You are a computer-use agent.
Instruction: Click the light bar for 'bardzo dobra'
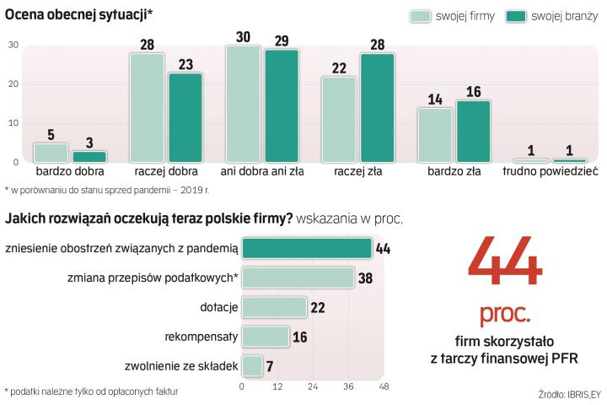(x=50, y=153)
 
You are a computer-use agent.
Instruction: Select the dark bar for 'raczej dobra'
(x=185, y=118)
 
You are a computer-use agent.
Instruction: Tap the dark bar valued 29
(x=282, y=106)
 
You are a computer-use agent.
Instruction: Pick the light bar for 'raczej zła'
(x=338, y=120)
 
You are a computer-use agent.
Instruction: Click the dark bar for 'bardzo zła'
(x=474, y=131)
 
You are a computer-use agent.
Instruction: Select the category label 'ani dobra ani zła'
(x=262, y=171)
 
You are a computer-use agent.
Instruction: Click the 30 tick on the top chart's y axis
(x=13, y=46)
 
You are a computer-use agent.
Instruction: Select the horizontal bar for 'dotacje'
(x=273, y=307)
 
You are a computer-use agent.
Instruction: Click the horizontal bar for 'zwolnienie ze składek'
(x=251, y=366)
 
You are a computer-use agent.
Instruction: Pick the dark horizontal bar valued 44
(x=306, y=248)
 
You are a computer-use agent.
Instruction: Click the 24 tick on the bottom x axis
(x=313, y=387)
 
